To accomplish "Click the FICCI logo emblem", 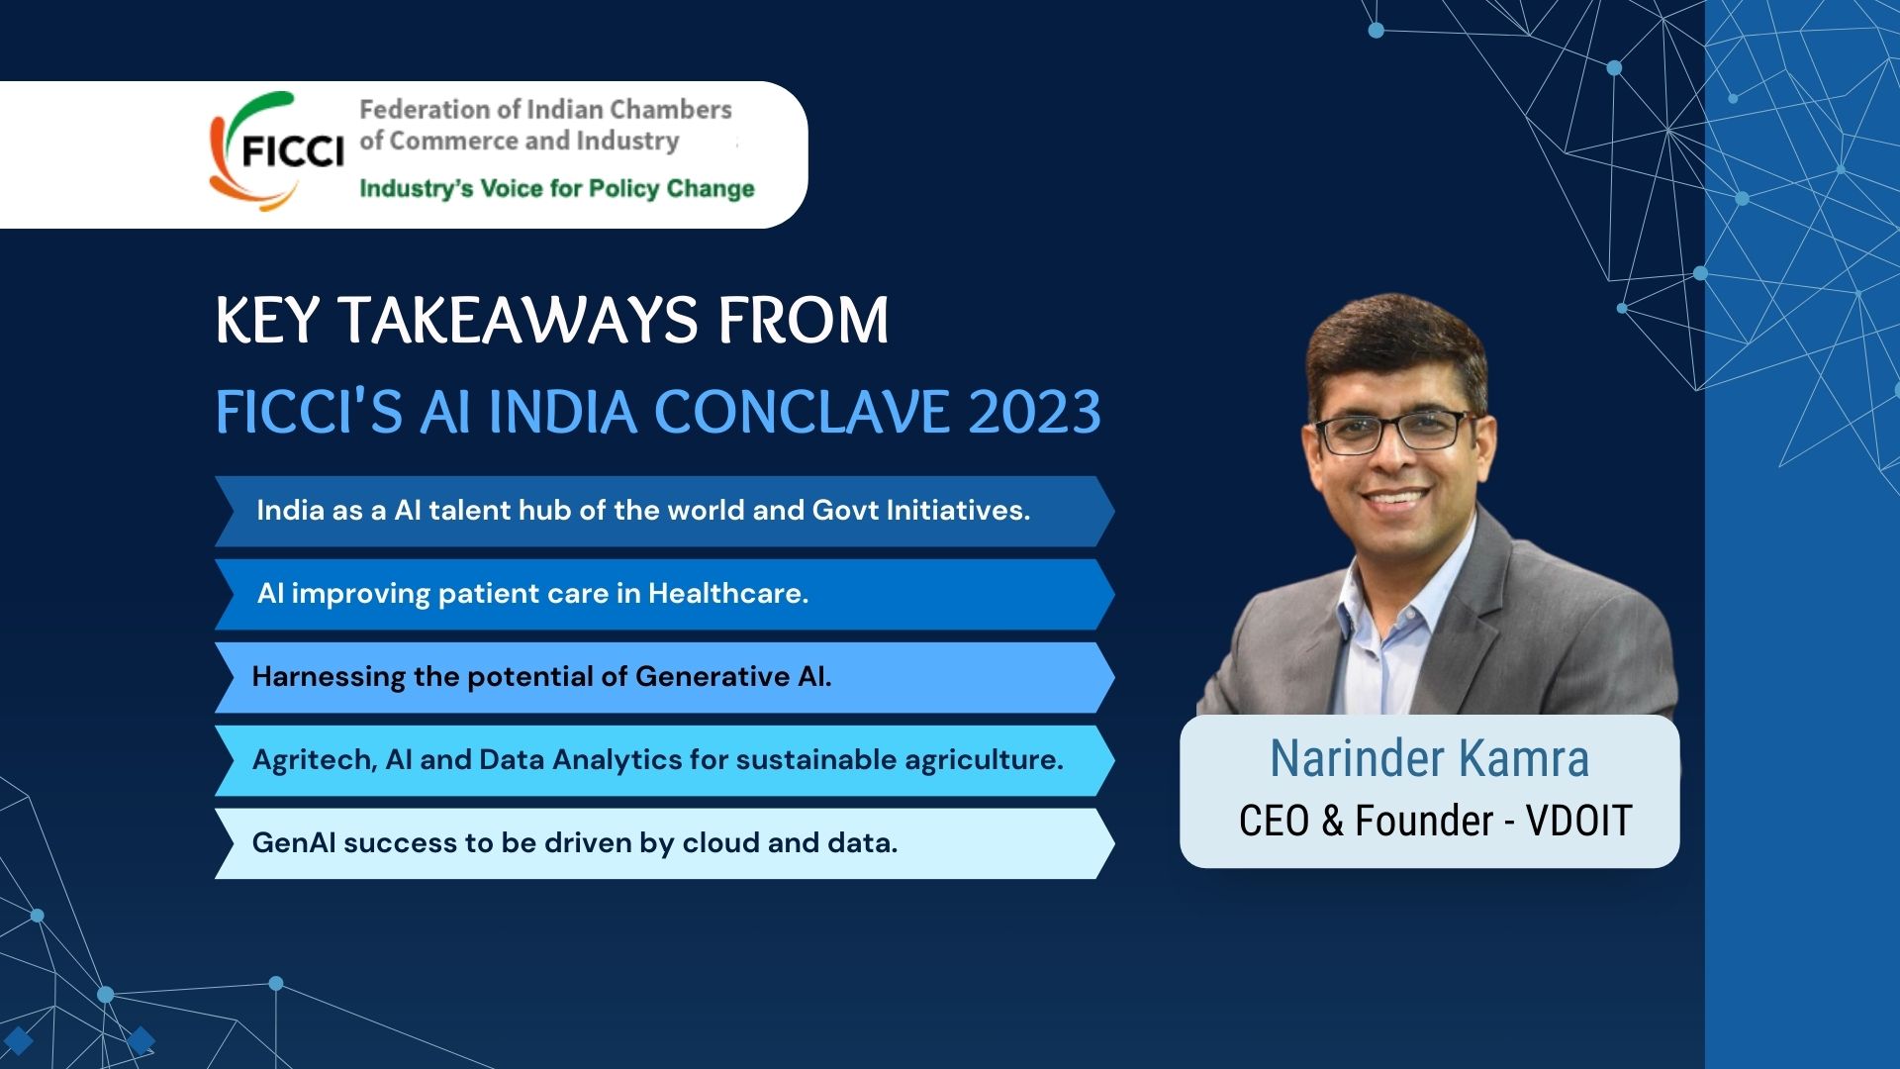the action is pos(276,151).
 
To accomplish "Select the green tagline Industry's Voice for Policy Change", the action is pos(556,188).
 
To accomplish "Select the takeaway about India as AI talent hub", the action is pos(643,510).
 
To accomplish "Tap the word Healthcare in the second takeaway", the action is pos(728,593).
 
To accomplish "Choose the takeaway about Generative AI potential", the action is pos(541,676).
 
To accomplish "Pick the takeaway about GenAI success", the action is pos(575,842).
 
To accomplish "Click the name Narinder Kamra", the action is pos(1429,758).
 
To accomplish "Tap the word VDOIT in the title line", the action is pos(1578,821).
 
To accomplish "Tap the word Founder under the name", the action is pos(1424,821).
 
